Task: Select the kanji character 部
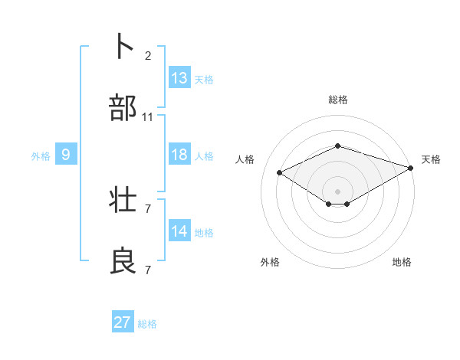point(123,108)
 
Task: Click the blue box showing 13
point(179,78)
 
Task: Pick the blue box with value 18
point(179,155)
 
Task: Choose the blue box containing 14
point(179,231)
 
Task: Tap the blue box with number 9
point(66,155)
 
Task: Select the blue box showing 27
point(123,322)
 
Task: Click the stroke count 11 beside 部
point(148,117)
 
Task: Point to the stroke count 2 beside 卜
point(148,56)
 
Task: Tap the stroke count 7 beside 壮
point(148,208)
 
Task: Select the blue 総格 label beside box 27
point(147,324)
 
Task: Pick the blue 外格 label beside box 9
point(41,156)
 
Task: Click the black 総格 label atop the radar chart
point(338,100)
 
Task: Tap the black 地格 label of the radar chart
point(402,262)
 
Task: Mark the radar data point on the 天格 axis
point(412,169)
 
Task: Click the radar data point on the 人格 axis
point(280,172)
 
